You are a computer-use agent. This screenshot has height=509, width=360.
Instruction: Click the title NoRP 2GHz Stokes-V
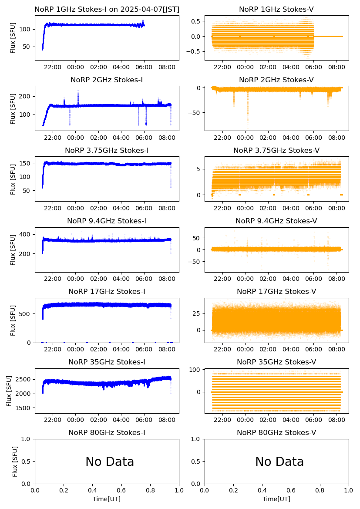point(276,80)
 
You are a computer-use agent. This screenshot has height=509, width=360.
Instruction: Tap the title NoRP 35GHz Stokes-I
point(107,362)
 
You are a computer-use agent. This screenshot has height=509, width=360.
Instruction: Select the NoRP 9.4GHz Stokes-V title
point(276,221)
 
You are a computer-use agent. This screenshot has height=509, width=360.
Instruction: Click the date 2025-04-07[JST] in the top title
point(151,9)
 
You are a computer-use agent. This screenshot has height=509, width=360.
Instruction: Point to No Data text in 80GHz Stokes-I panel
point(110,462)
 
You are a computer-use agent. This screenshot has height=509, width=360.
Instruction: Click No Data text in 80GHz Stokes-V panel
point(279,462)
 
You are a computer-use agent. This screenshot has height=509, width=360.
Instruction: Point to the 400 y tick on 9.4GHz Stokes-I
point(26,234)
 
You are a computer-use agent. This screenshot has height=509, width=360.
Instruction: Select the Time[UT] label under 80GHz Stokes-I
point(107,499)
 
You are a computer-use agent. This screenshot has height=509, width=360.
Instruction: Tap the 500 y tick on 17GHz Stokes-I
point(26,313)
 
